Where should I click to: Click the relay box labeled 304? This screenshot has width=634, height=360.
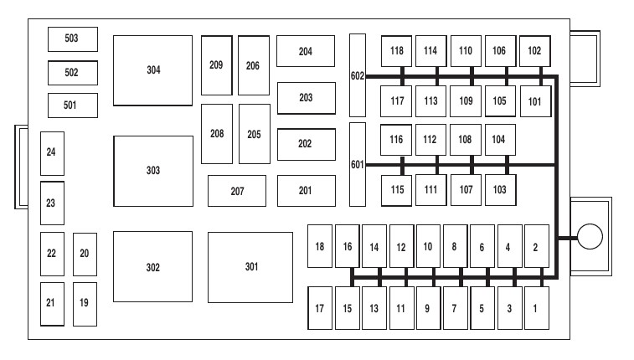152,70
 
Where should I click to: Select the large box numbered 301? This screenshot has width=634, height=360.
251,267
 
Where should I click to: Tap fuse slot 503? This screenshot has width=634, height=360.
72,39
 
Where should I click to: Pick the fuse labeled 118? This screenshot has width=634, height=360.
397,50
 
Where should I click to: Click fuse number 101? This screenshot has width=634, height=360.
535,101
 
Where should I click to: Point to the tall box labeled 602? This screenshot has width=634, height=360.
358,75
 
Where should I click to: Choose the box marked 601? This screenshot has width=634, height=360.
358,164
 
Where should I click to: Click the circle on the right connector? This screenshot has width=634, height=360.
590,237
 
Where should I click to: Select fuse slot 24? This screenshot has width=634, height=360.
52,152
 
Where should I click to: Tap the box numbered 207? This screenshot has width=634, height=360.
237,191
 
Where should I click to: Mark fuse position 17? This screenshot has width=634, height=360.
319,309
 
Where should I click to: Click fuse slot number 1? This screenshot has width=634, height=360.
536,309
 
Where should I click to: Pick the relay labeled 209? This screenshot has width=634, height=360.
216,64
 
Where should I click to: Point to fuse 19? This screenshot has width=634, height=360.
84,303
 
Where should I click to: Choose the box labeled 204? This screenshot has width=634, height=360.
306,51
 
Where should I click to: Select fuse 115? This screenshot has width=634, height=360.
397,189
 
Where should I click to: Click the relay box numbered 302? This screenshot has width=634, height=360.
152,267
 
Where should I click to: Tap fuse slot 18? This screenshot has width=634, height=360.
319,246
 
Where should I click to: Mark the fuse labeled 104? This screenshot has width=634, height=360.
499,139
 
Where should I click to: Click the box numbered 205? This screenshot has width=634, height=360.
254,134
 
